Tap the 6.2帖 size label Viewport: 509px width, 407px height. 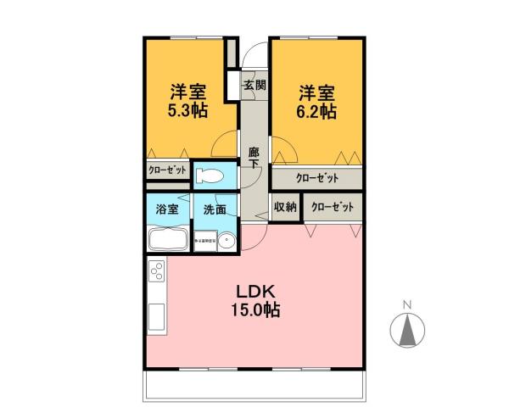(x=315, y=111)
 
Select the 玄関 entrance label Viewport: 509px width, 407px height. (x=254, y=85)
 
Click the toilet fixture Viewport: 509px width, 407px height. (x=209, y=176)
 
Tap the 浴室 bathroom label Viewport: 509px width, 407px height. (x=166, y=209)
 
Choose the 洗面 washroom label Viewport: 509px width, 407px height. (x=214, y=209)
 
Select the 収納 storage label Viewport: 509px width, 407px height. (x=285, y=207)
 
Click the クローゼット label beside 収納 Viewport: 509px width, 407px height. (x=331, y=207)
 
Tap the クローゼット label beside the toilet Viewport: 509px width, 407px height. (x=167, y=170)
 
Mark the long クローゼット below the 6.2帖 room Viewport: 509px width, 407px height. (x=317, y=178)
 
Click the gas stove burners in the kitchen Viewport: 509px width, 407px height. (x=157, y=272)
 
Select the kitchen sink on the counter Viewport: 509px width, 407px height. (x=157, y=320)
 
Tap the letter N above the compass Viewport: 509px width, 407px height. (x=406, y=304)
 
